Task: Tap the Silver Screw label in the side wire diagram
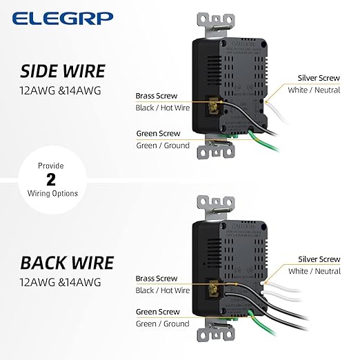[x=319, y=78]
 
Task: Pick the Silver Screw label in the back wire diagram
[x=319, y=259]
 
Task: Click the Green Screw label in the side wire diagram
[x=158, y=133]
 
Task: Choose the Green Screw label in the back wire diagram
[x=158, y=311]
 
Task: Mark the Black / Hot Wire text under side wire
[x=163, y=108]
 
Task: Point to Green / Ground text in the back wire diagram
[x=163, y=323]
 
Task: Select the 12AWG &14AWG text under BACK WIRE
[x=61, y=281]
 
